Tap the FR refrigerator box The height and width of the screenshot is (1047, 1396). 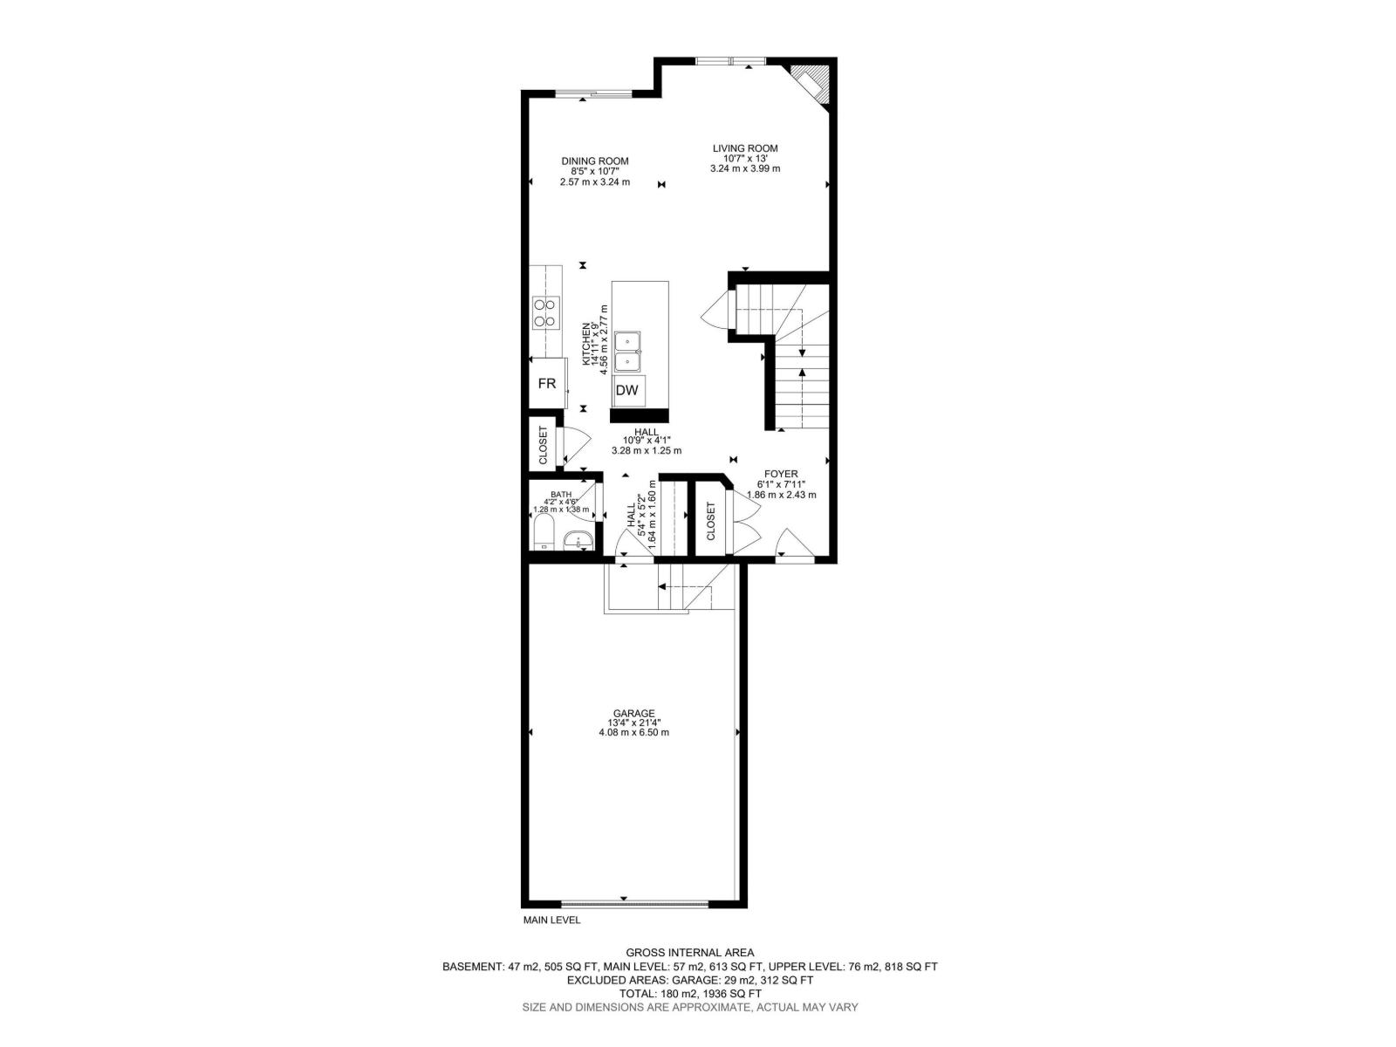[x=548, y=383]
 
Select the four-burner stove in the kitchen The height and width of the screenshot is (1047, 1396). [x=546, y=312]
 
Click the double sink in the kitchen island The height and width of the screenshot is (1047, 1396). [x=627, y=352]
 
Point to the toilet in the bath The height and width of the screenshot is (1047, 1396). [x=544, y=533]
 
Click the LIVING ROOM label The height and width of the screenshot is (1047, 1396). [x=745, y=148]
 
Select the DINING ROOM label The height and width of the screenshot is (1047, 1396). [x=595, y=161]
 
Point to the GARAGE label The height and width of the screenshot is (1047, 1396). [x=633, y=713]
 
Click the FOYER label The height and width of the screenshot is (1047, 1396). [x=780, y=474]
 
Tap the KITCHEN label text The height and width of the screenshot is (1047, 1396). [x=585, y=344]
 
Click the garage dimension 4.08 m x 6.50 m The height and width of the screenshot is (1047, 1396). [x=633, y=732]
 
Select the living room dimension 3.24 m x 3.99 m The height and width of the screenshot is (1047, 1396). [x=745, y=169]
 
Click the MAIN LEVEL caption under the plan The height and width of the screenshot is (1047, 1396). [x=551, y=920]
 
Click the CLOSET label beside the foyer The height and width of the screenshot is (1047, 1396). [x=710, y=521]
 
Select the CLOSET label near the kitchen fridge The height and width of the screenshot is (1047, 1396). [x=544, y=445]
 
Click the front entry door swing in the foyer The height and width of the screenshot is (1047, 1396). [x=794, y=544]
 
